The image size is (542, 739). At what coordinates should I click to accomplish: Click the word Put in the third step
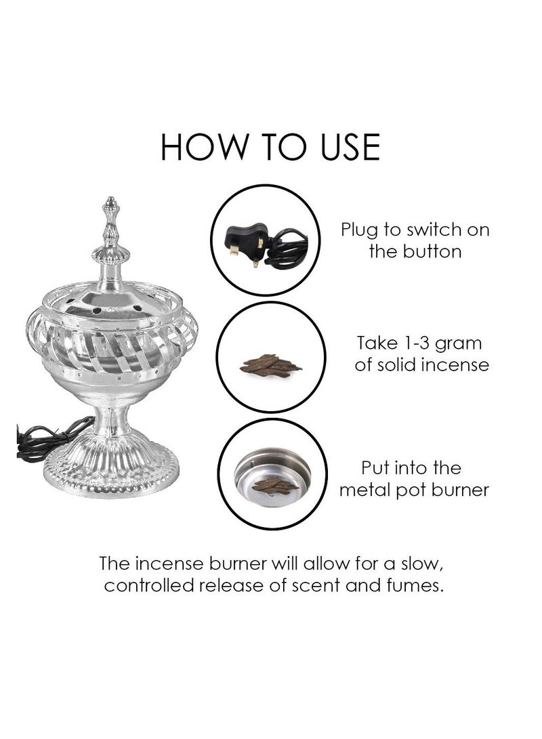pos(376,467)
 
